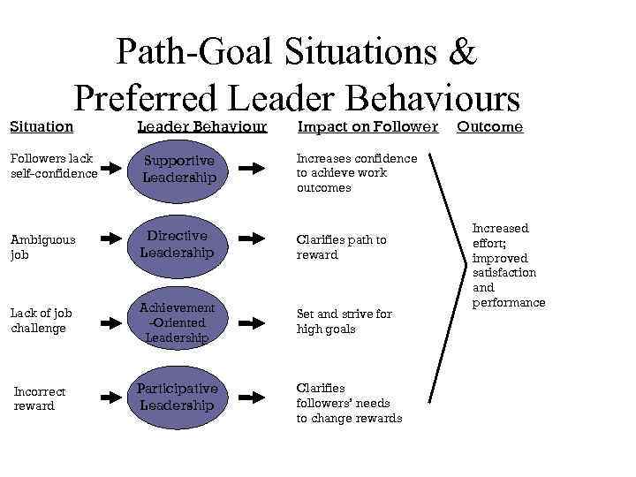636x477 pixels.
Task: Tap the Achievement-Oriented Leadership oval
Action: (x=178, y=322)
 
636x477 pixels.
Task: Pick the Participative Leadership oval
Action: (x=178, y=397)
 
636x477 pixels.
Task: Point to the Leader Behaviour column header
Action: (x=201, y=126)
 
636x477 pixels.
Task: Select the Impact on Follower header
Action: (x=367, y=126)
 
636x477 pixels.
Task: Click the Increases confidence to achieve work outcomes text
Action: (x=357, y=173)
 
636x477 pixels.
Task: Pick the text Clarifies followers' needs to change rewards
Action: (x=349, y=403)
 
